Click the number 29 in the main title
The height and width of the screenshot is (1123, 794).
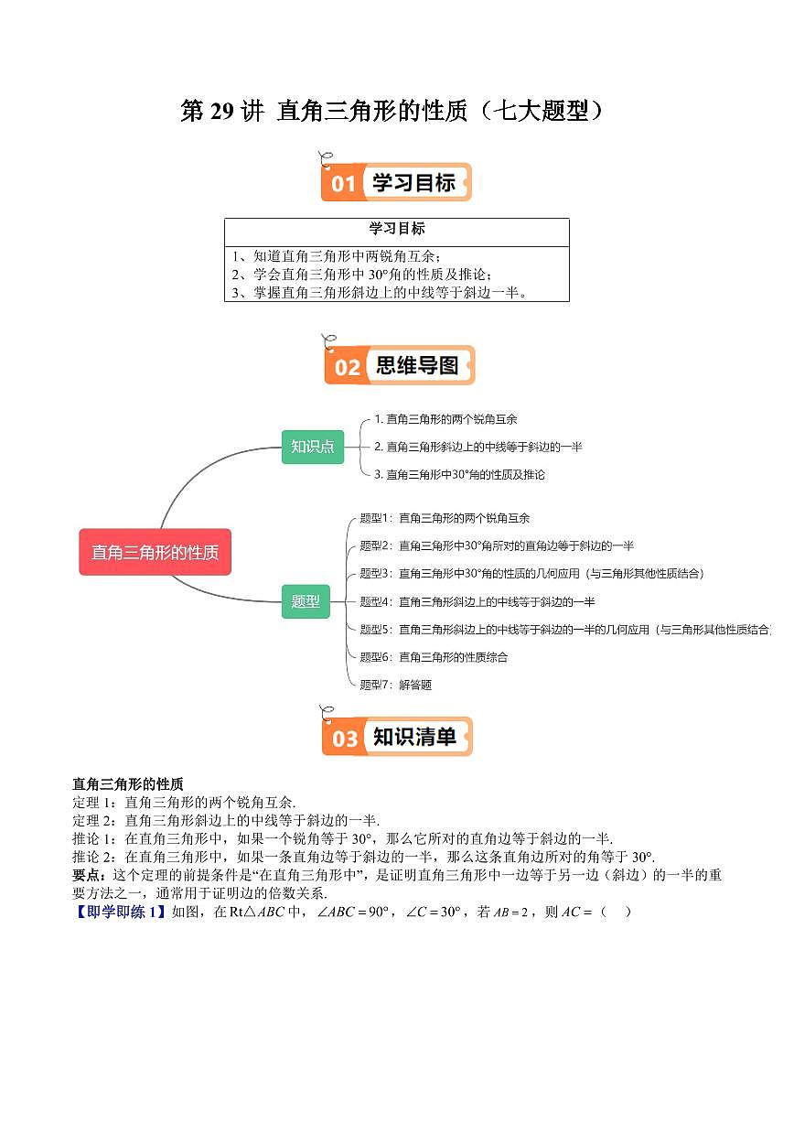221,111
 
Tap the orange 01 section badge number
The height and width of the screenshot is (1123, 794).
343,184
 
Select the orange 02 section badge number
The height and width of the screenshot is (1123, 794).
348,368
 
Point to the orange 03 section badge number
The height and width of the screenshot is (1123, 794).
345,739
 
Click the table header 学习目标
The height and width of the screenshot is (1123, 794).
397,229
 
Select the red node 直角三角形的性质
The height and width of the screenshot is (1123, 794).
155,552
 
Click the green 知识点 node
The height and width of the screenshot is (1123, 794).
313,447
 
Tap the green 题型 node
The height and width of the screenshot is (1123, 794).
306,601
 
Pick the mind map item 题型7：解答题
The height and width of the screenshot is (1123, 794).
396,685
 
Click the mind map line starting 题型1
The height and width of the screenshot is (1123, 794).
445,518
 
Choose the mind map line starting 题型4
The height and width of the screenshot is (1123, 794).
477,601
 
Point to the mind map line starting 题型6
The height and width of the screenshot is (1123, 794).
434,657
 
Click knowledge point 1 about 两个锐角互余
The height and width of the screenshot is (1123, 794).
445,419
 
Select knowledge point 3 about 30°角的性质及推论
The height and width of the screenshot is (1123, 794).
459,474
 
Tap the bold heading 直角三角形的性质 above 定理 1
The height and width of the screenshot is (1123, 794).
128,783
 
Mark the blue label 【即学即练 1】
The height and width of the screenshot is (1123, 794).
120,912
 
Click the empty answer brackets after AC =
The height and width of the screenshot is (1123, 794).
616,912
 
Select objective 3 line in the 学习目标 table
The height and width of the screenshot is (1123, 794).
380,292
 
